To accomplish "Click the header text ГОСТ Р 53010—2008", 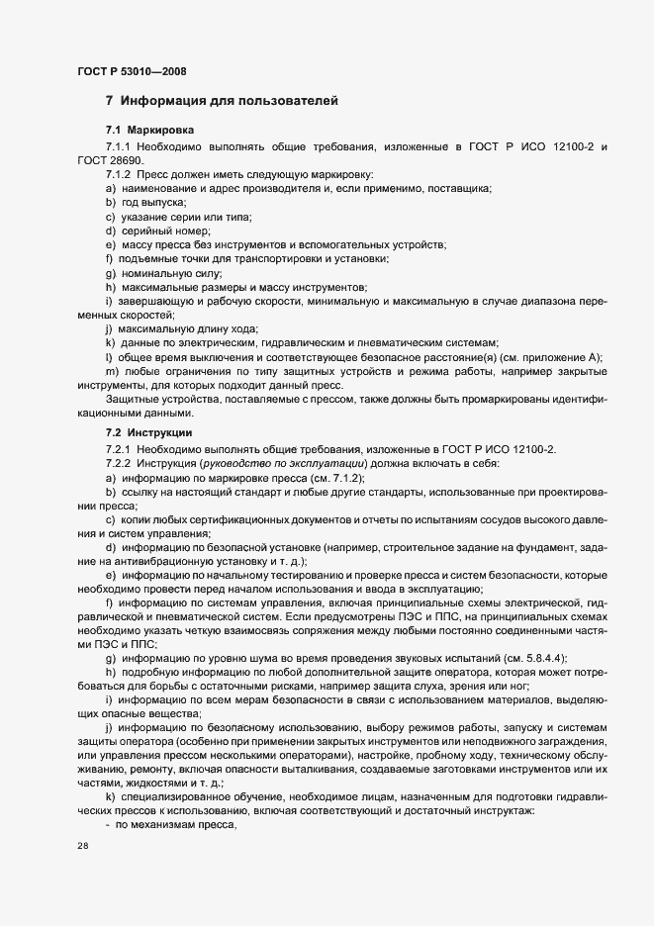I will pos(131,71).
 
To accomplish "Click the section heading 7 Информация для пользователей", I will pos(222,101).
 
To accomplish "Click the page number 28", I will pos(82,846).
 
